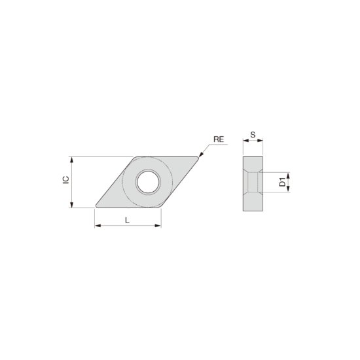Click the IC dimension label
(65, 181)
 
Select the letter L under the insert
(128, 220)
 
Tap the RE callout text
(219, 139)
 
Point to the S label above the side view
(253, 136)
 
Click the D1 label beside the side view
(282, 182)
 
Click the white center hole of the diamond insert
(148, 181)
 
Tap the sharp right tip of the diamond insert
(199, 157)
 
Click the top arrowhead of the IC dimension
(71, 159)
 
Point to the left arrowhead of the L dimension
(98, 226)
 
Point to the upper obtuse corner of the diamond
(136, 157)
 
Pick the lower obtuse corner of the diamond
(160, 207)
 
